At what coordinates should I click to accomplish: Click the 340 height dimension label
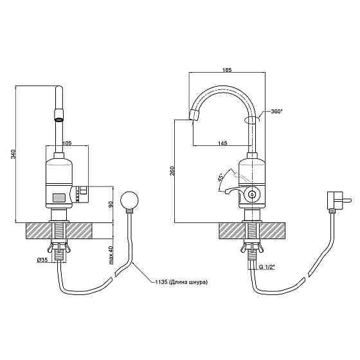14,154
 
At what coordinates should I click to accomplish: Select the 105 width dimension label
67,143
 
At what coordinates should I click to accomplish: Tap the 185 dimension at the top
228,70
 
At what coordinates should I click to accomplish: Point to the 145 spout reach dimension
222,143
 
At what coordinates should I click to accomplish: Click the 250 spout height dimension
172,170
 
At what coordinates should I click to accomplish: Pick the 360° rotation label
276,111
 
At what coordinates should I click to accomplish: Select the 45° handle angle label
221,177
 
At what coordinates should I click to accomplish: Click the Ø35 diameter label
42,260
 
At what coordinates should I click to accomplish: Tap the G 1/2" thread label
267,267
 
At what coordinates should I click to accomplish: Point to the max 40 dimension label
111,255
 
